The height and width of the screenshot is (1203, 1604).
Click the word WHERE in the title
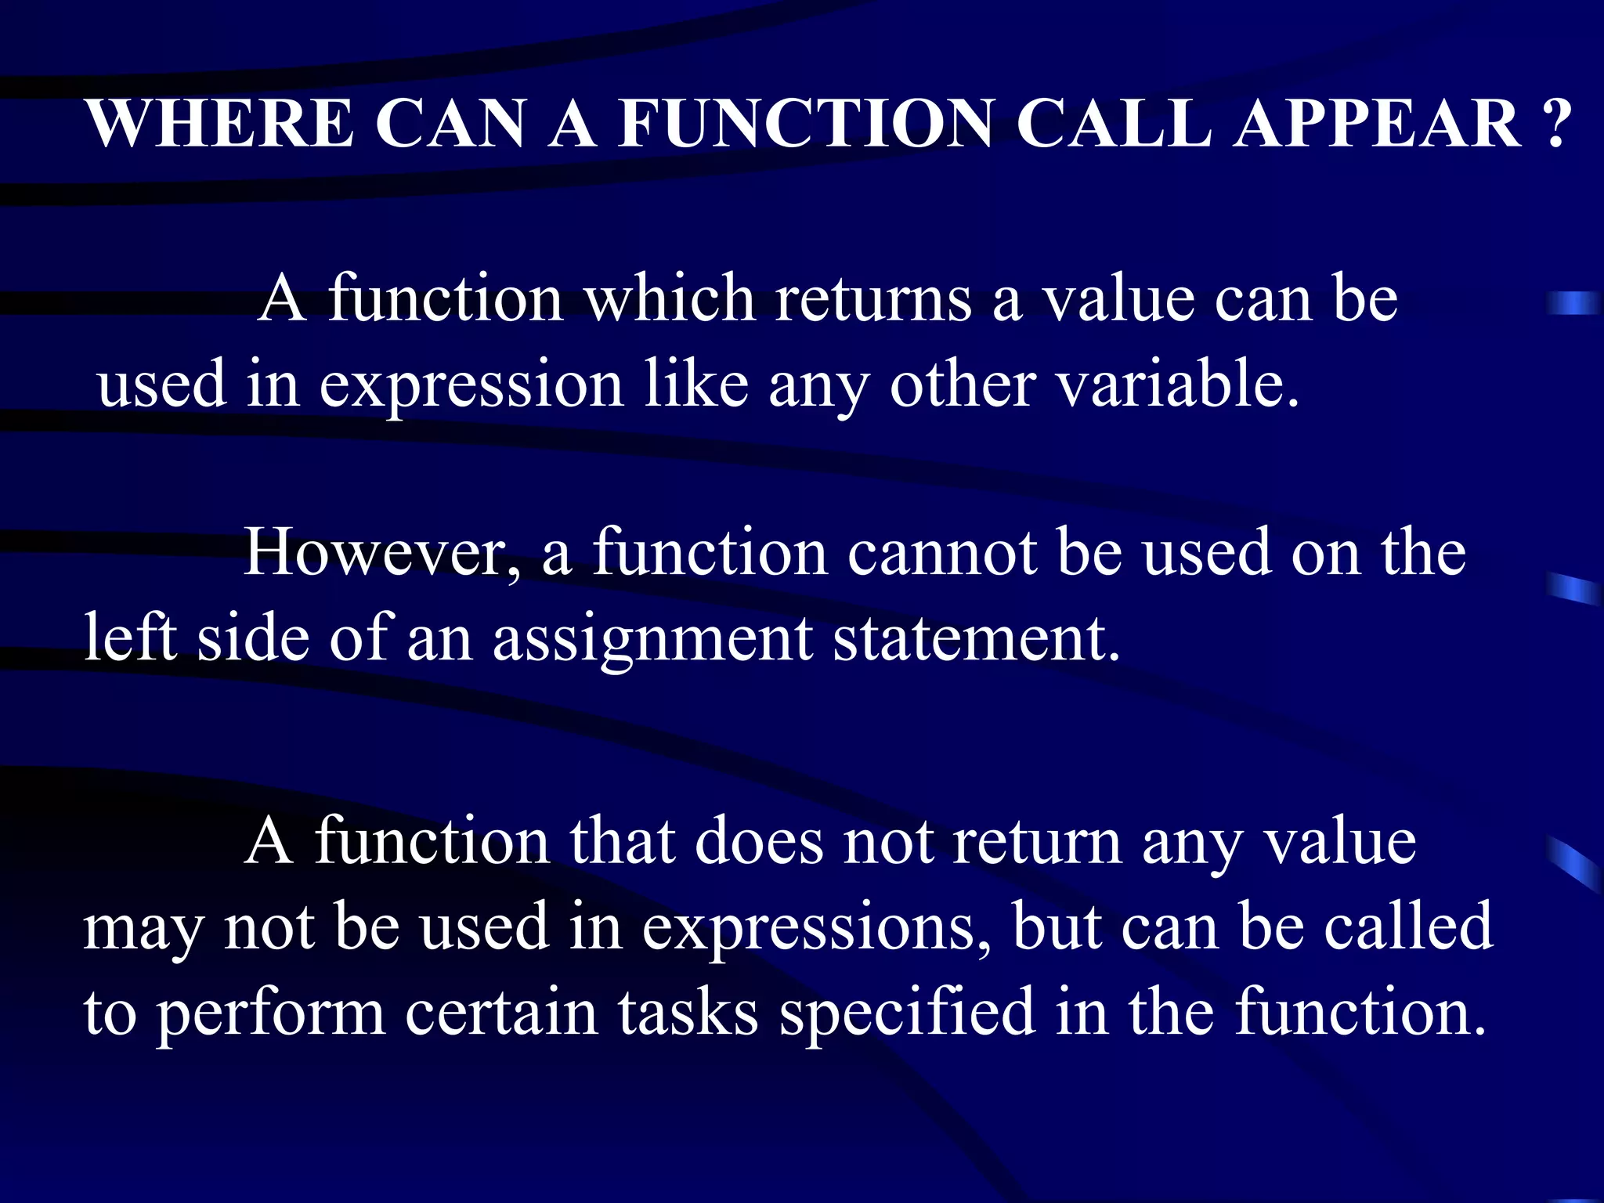(x=220, y=124)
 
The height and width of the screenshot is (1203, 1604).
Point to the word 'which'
(x=670, y=299)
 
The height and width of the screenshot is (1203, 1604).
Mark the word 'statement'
(x=975, y=639)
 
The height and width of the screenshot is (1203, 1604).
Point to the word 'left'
(x=130, y=638)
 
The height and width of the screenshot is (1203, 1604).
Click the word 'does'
(x=758, y=843)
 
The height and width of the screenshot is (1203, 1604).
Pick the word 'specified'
(x=907, y=1013)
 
